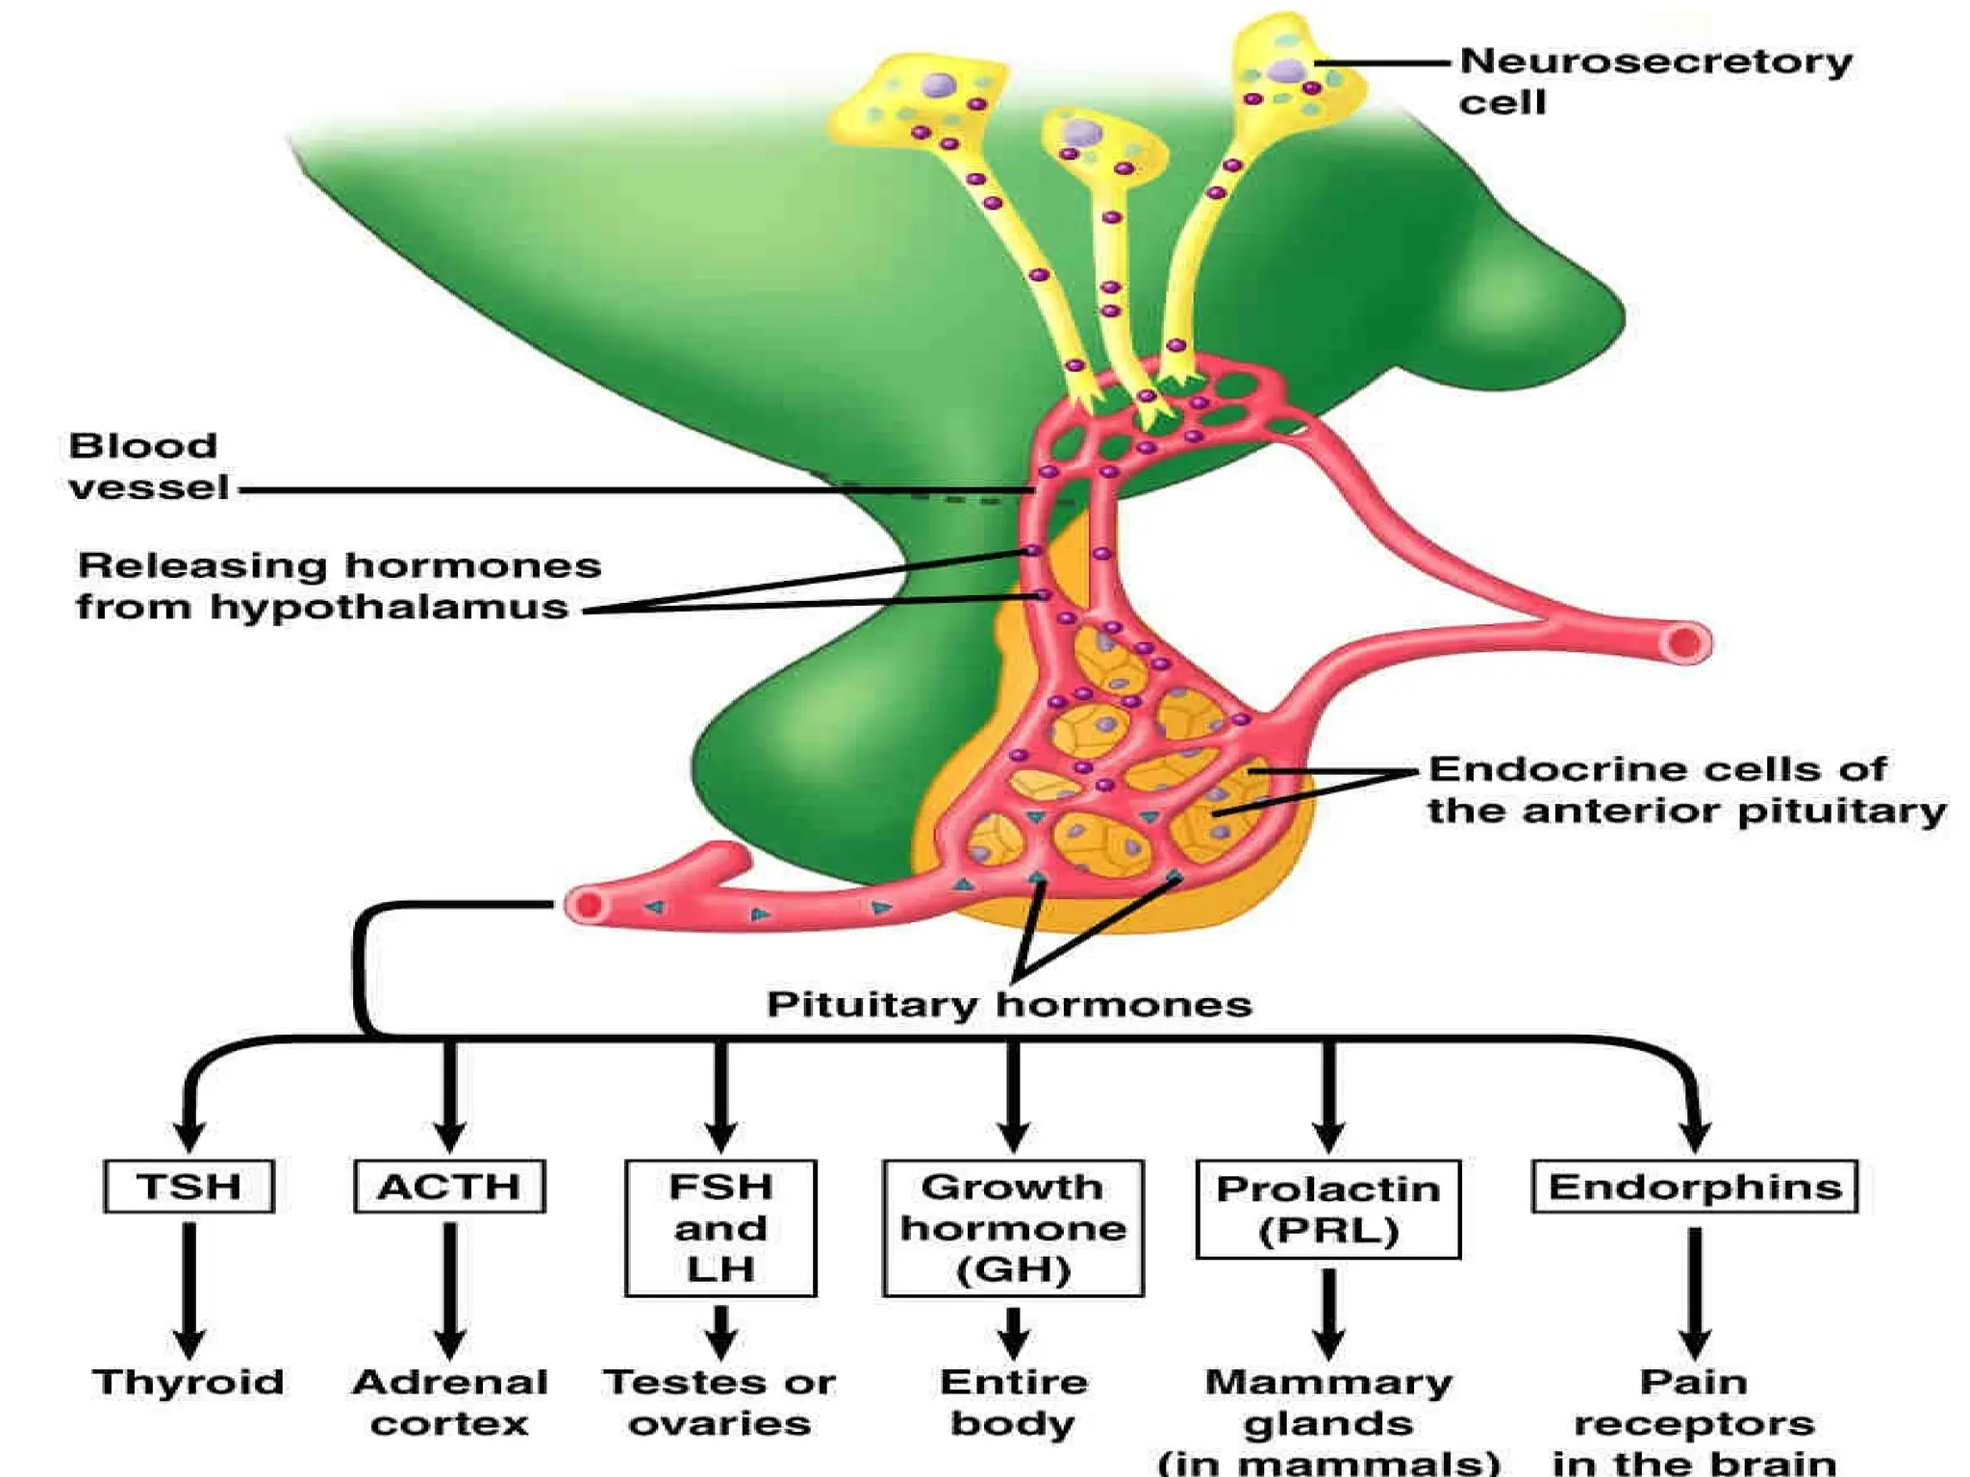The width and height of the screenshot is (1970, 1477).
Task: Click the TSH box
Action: [189, 1187]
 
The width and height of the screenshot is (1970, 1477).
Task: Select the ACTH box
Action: [449, 1187]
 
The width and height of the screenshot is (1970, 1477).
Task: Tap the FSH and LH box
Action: [720, 1228]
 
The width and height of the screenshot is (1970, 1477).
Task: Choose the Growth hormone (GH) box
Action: [1013, 1228]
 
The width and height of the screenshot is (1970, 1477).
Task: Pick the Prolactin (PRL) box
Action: [1328, 1209]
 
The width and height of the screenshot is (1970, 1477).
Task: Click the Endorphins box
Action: [1694, 1187]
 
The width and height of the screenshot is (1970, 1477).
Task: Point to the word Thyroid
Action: [189, 1382]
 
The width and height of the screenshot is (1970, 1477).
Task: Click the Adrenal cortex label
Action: [449, 1402]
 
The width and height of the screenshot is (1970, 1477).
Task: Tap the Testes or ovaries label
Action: [720, 1402]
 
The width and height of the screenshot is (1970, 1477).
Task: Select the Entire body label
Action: [1014, 1402]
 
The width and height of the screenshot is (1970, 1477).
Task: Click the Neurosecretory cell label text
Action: [1654, 81]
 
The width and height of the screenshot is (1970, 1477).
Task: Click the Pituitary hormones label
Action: [1009, 1005]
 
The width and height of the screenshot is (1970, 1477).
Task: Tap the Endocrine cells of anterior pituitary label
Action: [1685, 789]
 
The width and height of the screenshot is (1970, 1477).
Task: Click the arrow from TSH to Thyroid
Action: [189, 1289]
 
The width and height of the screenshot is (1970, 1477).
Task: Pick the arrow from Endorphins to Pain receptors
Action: [1694, 1291]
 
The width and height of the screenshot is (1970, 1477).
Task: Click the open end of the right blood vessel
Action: [1686, 643]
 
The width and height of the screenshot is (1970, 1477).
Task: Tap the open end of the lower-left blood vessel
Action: [587, 905]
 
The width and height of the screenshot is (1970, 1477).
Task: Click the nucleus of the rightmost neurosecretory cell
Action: [1286, 71]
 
